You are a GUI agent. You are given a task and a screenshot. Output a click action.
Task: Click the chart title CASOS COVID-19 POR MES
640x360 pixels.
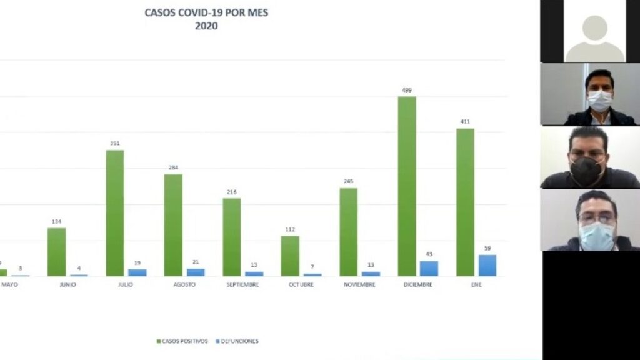point(206,12)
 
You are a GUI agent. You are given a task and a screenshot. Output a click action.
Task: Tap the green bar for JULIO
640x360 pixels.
point(114,213)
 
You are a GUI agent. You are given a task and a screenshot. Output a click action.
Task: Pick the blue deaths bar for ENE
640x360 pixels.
point(487,266)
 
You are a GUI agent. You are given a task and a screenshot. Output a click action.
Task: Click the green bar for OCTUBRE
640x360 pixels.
point(289,256)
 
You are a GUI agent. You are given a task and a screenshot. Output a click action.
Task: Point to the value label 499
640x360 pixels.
point(407,90)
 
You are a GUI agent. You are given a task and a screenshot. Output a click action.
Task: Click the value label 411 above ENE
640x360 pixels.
point(465,122)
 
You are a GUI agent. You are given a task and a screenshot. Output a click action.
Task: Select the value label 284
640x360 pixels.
point(173,167)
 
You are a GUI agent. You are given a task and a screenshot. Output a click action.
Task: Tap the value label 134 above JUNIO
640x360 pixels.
point(56,221)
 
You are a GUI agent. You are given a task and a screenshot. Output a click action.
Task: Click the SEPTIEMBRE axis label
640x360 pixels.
point(243,285)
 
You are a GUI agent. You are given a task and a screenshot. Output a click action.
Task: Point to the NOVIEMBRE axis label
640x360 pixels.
point(359,285)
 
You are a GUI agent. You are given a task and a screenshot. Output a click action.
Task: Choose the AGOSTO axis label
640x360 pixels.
point(184,285)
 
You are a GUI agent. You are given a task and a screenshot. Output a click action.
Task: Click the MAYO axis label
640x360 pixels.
point(10,285)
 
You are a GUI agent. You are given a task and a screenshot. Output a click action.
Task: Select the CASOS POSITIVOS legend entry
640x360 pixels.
point(182,341)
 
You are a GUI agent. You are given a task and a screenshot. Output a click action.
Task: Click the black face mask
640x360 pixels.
point(586,171)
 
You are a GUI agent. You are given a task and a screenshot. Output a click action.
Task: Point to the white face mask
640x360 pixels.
point(599,100)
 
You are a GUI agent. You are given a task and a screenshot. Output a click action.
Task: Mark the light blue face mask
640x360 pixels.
point(596,236)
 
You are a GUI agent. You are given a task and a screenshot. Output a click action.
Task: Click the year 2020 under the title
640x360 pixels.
point(206,26)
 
